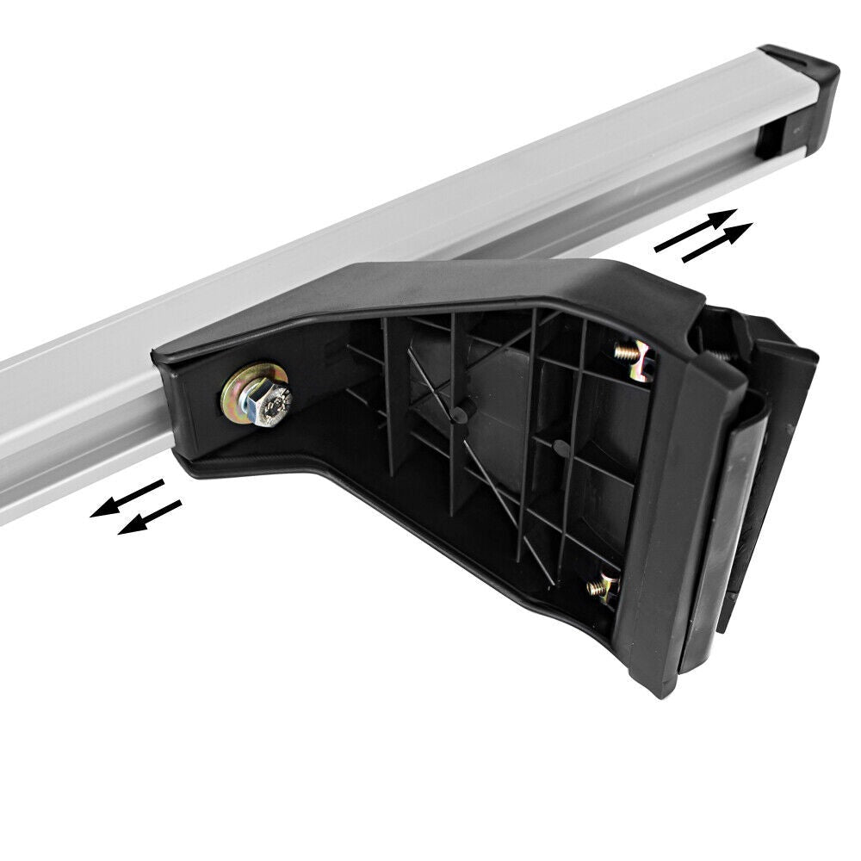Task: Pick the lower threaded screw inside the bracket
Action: [603, 588]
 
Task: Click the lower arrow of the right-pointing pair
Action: [717, 243]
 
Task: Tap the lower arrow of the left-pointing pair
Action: [150, 517]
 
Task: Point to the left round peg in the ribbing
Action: [459, 415]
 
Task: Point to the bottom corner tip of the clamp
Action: [663, 689]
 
